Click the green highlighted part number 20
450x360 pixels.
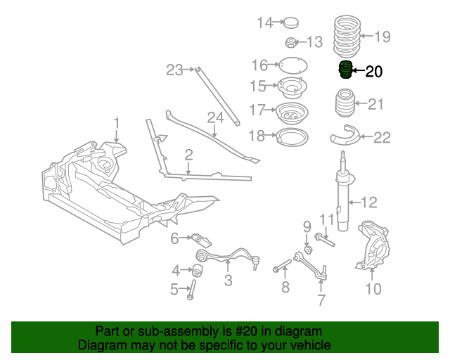pos(345,71)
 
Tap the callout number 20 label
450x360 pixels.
pos(374,71)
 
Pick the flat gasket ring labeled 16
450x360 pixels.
pos(290,65)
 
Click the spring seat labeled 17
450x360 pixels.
pos(290,112)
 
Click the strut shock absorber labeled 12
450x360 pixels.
pos(343,200)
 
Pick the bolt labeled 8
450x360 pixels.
pos(281,266)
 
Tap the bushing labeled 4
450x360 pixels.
pos(198,269)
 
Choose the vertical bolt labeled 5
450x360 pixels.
pos(190,289)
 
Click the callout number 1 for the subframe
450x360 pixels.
pos(117,121)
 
